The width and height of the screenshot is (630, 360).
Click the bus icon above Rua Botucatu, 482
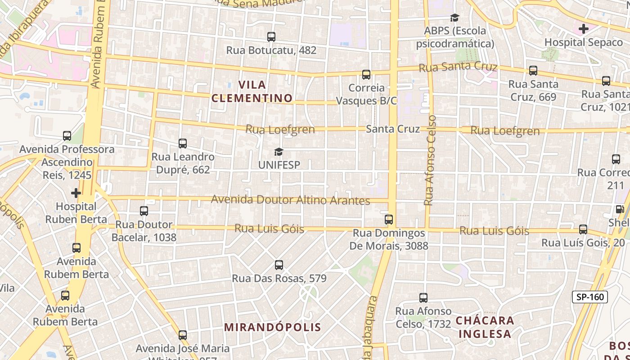[271, 37]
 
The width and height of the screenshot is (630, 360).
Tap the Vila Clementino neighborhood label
[252, 91]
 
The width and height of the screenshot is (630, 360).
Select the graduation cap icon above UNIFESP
[279, 152]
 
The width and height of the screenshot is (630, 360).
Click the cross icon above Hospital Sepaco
[584, 29]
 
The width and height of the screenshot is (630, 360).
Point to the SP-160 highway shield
[590, 297]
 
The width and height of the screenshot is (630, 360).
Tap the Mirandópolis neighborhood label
[273, 327]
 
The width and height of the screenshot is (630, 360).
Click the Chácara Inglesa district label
[484, 327]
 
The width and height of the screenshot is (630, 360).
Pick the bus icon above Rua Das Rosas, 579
[279, 265]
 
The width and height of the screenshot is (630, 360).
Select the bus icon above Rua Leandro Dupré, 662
[183, 144]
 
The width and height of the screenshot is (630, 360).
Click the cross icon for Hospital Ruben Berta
[76, 193]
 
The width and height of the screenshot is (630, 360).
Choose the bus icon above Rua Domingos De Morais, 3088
[389, 220]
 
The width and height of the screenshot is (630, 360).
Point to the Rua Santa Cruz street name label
[458, 67]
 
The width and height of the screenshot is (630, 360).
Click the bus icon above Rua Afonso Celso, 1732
[423, 297]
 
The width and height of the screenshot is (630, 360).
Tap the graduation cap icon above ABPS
[454, 18]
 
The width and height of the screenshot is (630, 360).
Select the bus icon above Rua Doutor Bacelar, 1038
[144, 211]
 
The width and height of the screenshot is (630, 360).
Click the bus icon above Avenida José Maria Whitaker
[183, 335]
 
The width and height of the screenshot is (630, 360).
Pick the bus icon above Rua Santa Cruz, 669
[533, 71]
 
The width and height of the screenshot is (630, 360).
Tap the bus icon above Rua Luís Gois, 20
[583, 229]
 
